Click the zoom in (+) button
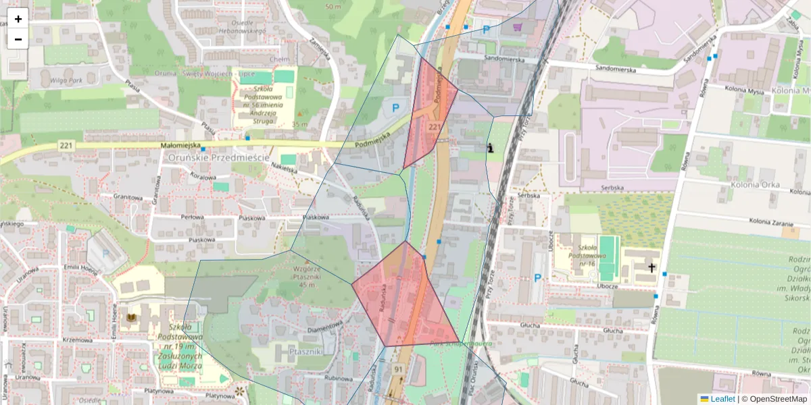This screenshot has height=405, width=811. click(x=18, y=19)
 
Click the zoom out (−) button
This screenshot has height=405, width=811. click(x=18, y=38)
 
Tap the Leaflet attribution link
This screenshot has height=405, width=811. click(x=722, y=399)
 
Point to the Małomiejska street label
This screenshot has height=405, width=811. click(x=180, y=145)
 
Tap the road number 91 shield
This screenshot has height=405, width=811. click(x=399, y=369)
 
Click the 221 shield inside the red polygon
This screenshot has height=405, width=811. click(x=435, y=127)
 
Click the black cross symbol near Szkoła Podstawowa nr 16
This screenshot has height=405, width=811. click(x=652, y=268)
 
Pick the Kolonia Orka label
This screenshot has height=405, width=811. click(x=755, y=184)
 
